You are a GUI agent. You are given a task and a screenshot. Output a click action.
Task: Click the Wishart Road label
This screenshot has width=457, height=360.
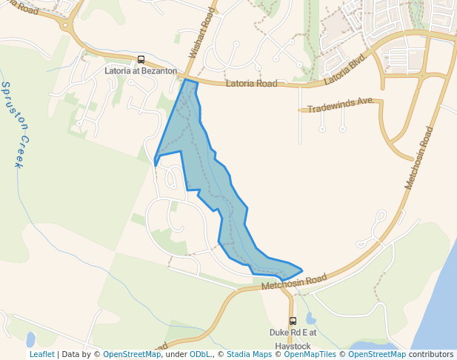point(201,33)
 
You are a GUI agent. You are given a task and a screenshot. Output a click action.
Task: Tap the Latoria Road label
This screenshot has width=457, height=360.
point(251,84)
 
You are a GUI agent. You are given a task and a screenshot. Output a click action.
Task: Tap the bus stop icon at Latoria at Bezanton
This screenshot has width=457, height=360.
point(141,60)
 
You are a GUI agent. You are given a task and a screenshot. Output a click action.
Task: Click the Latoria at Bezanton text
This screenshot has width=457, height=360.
point(141,71)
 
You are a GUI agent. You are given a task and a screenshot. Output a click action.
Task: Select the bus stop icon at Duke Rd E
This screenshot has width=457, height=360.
point(293,321)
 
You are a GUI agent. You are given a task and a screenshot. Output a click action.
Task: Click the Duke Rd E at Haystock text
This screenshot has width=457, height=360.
point(293,339)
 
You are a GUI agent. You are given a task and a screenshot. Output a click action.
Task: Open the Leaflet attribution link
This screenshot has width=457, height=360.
point(41,355)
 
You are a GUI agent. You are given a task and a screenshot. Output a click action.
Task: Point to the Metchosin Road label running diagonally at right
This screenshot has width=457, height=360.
point(419,157)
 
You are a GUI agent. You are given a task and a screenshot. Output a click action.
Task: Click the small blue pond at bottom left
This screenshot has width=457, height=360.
point(30,340)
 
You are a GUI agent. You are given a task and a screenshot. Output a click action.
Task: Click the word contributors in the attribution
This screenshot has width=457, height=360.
point(431,355)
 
